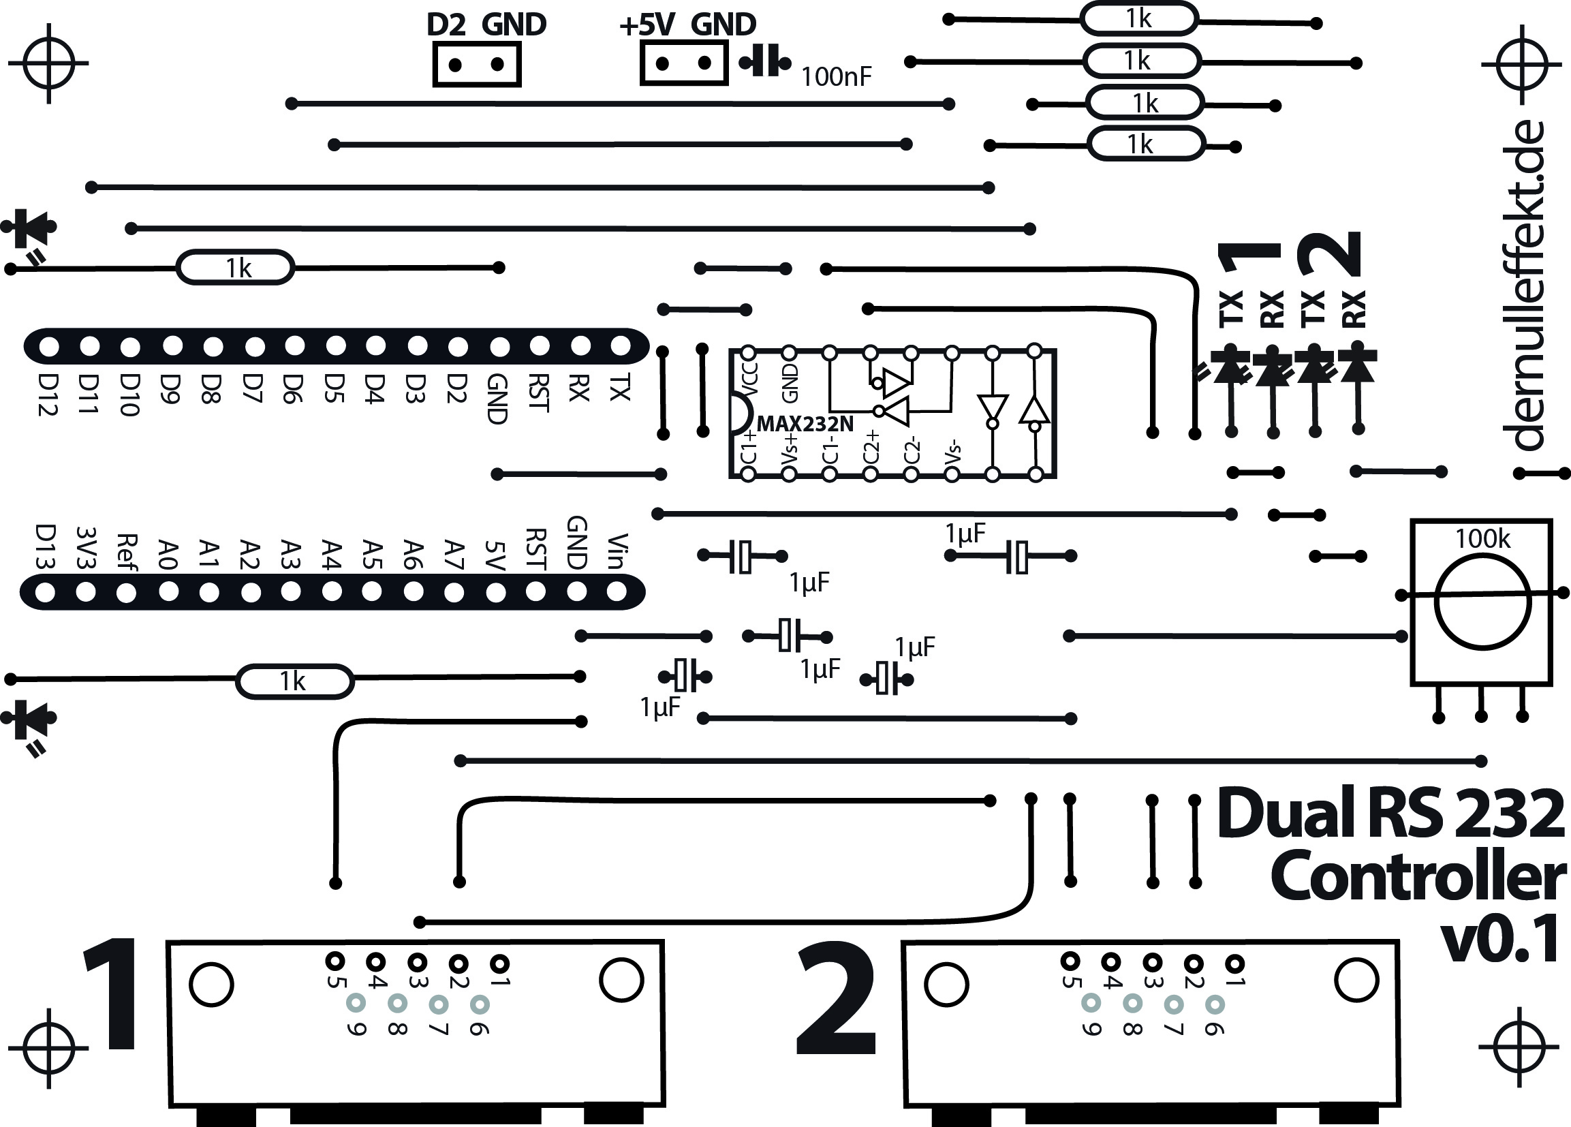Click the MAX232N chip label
[805, 423]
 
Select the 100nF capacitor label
[836, 77]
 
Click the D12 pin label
[48, 395]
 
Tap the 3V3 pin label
[87, 548]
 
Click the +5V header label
[647, 26]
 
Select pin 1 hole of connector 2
[1234, 963]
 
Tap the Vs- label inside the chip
[954, 453]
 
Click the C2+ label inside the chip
[871, 447]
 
